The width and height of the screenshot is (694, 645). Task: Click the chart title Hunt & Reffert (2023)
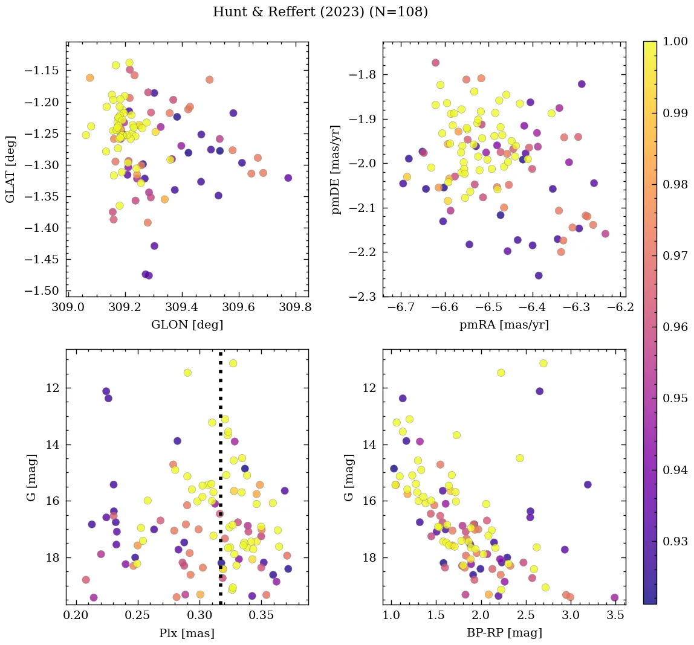(320, 12)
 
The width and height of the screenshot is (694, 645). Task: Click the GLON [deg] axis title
(187, 325)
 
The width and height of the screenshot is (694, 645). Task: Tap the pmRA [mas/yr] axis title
(504, 325)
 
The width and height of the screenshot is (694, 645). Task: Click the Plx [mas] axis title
(187, 633)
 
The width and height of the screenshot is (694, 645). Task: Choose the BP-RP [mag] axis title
(504, 633)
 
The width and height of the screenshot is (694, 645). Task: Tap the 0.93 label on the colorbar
(675, 541)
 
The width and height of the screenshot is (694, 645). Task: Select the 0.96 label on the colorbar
(675, 327)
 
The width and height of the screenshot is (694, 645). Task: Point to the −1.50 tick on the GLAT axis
(44, 290)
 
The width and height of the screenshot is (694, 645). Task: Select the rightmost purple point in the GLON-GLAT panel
(288, 178)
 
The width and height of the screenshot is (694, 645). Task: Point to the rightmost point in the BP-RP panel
(614, 597)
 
